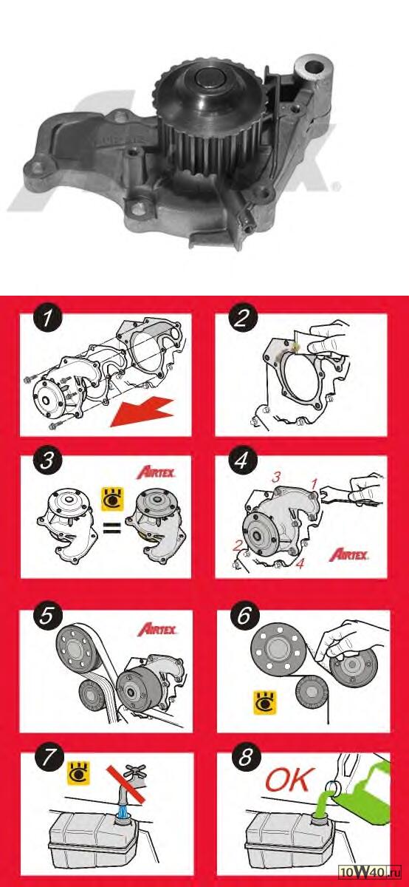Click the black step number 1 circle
(47, 318)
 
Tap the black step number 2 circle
(242, 318)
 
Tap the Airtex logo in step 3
(157, 472)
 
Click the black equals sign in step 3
(111, 529)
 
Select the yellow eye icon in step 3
(113, 500)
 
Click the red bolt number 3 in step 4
(276, 477)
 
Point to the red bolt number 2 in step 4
(237, 546)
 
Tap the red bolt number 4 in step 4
(300, 563)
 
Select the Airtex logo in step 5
(157, 629)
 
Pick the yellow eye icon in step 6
(265, 703)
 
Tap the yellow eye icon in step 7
(79, 773)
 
